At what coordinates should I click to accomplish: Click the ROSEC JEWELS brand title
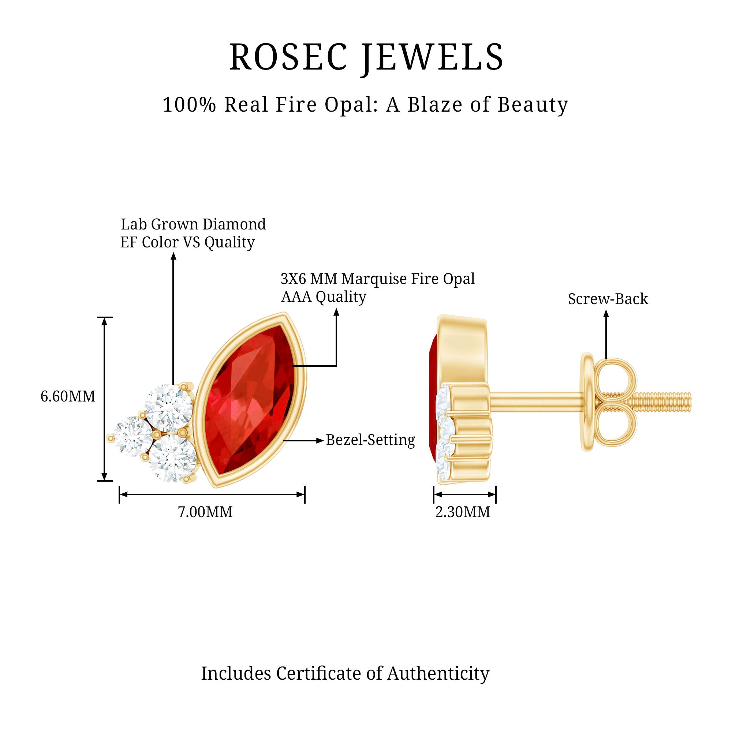coord(366,57)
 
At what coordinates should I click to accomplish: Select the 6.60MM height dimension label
coord(68,396)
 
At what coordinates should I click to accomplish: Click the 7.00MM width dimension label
coord(205,512)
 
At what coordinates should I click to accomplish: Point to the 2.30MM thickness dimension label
coord(463,512)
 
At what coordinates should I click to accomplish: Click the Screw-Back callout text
coord(608,299)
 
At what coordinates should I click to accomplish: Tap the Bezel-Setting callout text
coord(370,440)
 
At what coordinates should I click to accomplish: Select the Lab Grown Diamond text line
coord(193,224)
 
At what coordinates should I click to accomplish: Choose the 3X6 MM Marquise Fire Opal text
coord(377,279)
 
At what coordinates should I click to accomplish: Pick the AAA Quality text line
coord(323,297)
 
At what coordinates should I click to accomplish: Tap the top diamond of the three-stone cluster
coord(168,407)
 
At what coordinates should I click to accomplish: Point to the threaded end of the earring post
coord(667,402)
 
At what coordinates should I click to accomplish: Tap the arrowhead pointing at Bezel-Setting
coord(320,440)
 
